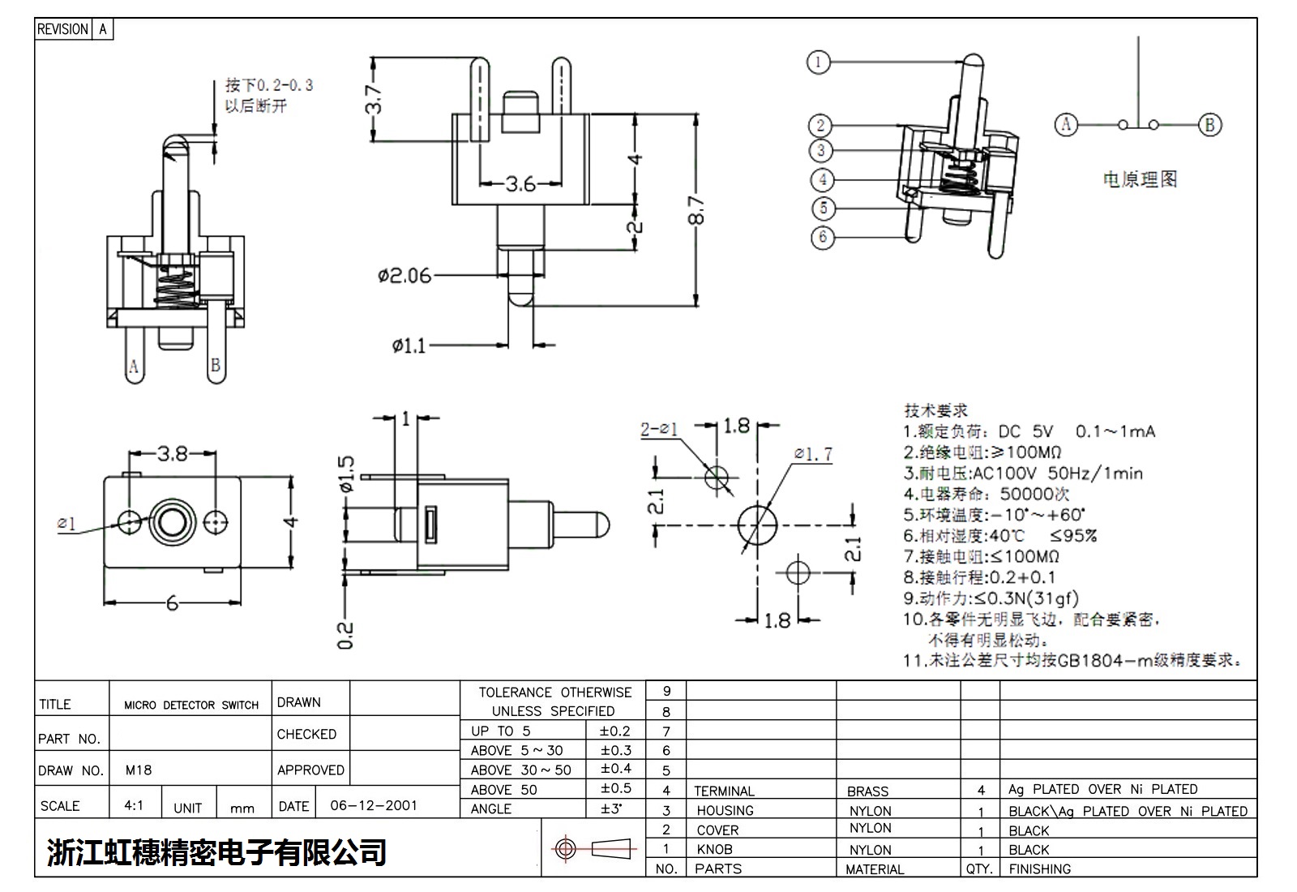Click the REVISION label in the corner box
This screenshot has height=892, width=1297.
click(x=62, y=29)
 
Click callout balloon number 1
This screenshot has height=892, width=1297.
click(x=819, y=62)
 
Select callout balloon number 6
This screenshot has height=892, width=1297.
click(x=823, y=237)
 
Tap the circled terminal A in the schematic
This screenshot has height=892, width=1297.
click(x=1066, y=125)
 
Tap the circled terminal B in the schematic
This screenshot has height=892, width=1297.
click(x=1209, y=125)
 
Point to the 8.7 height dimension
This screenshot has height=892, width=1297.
click(x=698, y=210)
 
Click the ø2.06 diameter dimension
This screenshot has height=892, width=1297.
click(x=405, y=276)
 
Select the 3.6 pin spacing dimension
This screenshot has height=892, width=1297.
click(x=520, y=184)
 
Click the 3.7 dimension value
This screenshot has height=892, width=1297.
click(x=374, y=99)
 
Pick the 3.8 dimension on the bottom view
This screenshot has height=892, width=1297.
click(x=172, y=453)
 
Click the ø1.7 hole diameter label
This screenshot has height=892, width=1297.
click(x=813, y=453)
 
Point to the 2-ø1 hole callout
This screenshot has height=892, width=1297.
click(x=658, y=429)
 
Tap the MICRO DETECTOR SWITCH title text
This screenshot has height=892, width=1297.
click(x=191, y=705)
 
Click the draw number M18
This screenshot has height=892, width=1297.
click(x=139, y=770)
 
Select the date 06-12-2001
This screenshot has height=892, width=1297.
click(x=374, y=806)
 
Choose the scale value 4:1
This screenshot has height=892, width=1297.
click(x=134, y=806)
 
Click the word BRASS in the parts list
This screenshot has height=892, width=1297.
click(x=867, y=791)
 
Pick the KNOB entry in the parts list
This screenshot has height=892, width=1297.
click(x=714, y=850)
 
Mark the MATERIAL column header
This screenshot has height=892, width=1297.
click(x=874, y=869)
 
